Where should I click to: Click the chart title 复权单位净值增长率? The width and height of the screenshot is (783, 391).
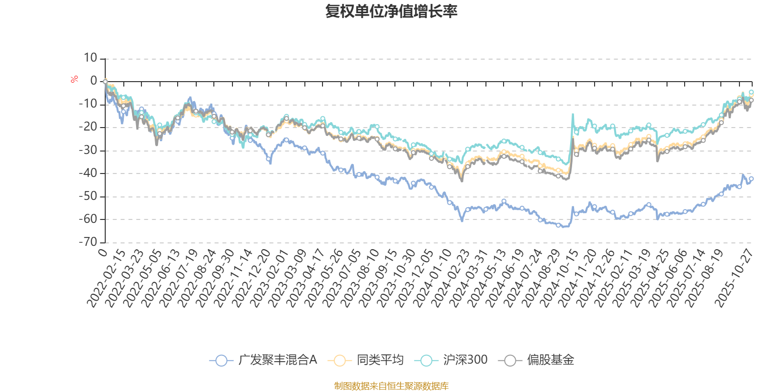[x=391, y=11]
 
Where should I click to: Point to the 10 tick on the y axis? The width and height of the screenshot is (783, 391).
[x=90, y=58]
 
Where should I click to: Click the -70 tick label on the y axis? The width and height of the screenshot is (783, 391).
[x=88, y=242]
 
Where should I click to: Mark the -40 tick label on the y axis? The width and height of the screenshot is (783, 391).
[x=88, y=173]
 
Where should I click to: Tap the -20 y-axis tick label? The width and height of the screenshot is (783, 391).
[x=88, y=127]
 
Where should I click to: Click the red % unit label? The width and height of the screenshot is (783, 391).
[x=74, y=79]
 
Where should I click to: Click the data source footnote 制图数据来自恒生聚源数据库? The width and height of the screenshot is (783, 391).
[x=391, y=386]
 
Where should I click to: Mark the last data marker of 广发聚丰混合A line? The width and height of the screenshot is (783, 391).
[x=751, y=179]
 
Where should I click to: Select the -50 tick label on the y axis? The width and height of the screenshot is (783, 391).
[x=88, y=196]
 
